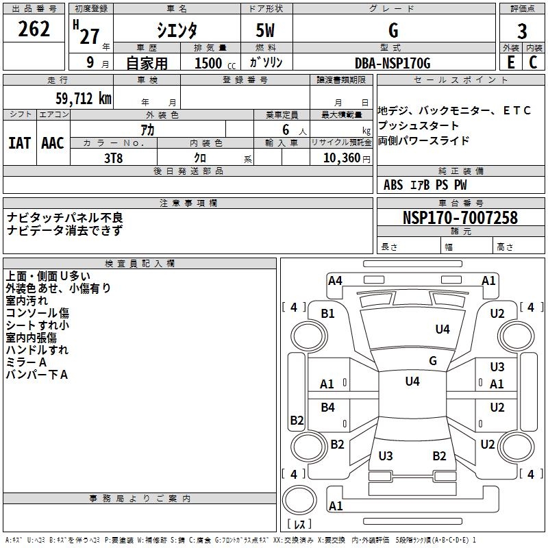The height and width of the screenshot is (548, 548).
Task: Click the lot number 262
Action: pos(34,30)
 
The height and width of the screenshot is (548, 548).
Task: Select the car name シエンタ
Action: pos(178,31)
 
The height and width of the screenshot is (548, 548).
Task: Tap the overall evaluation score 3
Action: pos(522,32)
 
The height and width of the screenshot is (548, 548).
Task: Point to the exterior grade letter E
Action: pos(511,62)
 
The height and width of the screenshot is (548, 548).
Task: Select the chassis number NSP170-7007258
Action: pos(460,218)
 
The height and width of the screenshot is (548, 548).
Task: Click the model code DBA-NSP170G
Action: pos(393,63)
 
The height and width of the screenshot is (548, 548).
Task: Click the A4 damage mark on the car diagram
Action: pos(335,280)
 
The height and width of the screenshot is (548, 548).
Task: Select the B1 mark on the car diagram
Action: pos(328,313)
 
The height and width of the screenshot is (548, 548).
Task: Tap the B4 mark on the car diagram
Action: pos(328,408)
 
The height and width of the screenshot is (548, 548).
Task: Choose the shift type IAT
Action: pos(19,143)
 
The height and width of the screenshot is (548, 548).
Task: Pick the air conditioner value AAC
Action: pos(53,143)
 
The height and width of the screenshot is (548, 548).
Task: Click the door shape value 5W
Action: pos(266,31)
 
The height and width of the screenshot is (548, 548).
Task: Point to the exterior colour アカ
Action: pos(147,129)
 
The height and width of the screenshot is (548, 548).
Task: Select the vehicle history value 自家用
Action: pos(147,63)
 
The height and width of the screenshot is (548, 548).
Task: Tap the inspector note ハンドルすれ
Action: pos(37,350)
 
